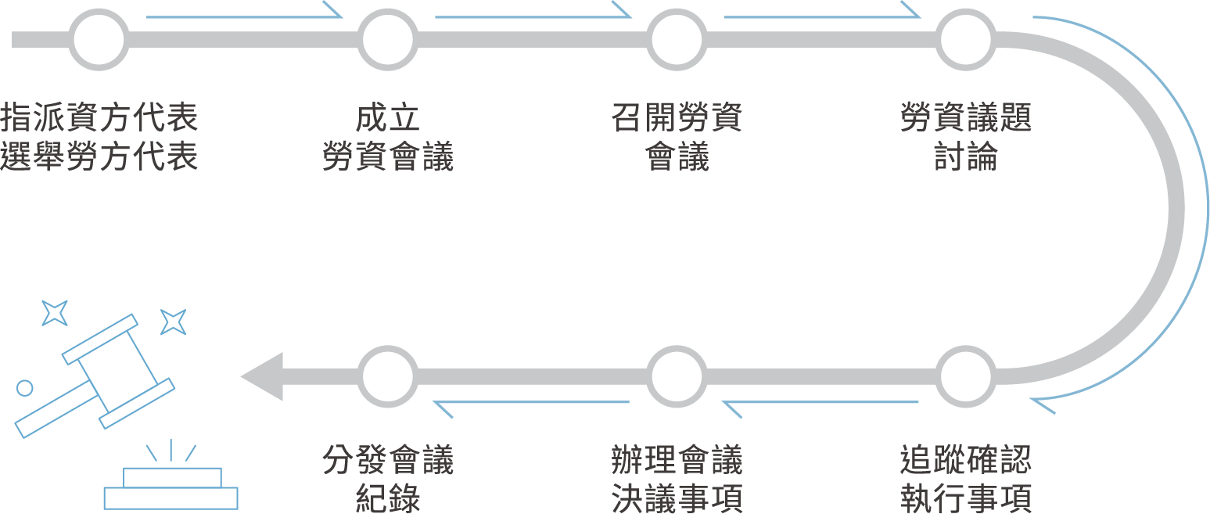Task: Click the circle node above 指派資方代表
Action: tap(99, 39)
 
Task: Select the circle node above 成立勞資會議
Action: tap(388, 39)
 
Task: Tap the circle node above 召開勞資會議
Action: tap(677, 39)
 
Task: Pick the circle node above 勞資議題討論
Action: tap(968, 39)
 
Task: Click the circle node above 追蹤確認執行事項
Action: tap(968, 376)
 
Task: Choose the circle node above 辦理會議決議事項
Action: tap(677, 376)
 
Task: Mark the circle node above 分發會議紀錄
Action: tap(388, 376)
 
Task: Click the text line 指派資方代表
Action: tap(99, 118)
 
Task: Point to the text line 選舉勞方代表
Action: tap(99, 156)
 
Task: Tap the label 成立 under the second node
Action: tap(388, 118)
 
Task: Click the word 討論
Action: tap(967, 156)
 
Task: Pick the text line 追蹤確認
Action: tap(967, 460)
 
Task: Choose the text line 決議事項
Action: tap(677, 498)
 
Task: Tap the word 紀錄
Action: tap(388, 498)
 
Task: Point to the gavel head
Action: tap(117, 372)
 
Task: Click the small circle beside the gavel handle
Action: tap(25, 387)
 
